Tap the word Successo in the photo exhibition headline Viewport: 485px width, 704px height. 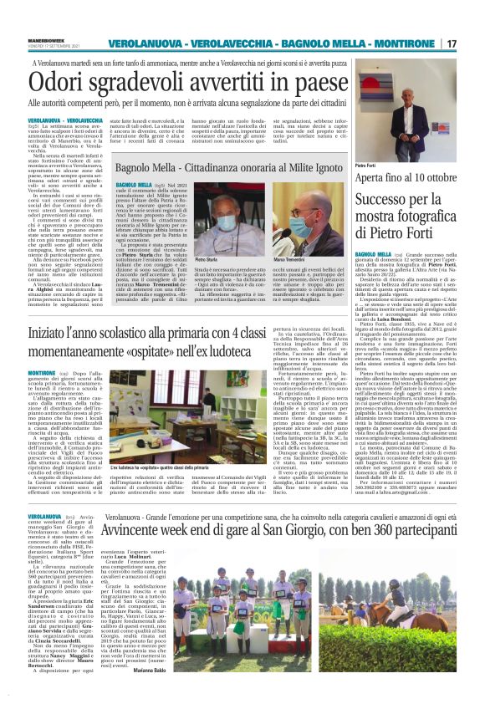click(384, 201)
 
